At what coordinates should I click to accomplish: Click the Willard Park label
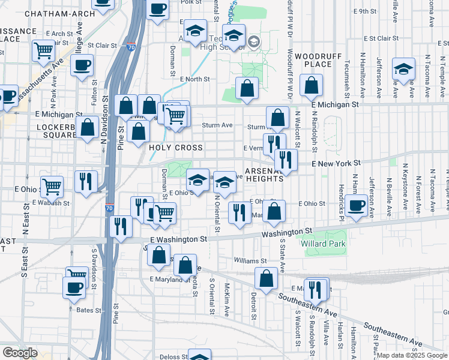(x=325, y=244)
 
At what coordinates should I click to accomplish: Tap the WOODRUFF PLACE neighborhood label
(x=313, y=59)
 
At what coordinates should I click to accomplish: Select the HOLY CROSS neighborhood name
(x=176, y=147)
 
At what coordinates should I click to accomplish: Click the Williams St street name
(x=250, y=261)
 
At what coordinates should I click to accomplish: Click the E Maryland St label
(x=169, y=280)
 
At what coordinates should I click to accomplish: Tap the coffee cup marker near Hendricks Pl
(x=357, y=205)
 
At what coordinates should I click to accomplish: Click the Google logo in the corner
(x=20, y=353)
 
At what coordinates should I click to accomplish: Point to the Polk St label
(x=190, y=2)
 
